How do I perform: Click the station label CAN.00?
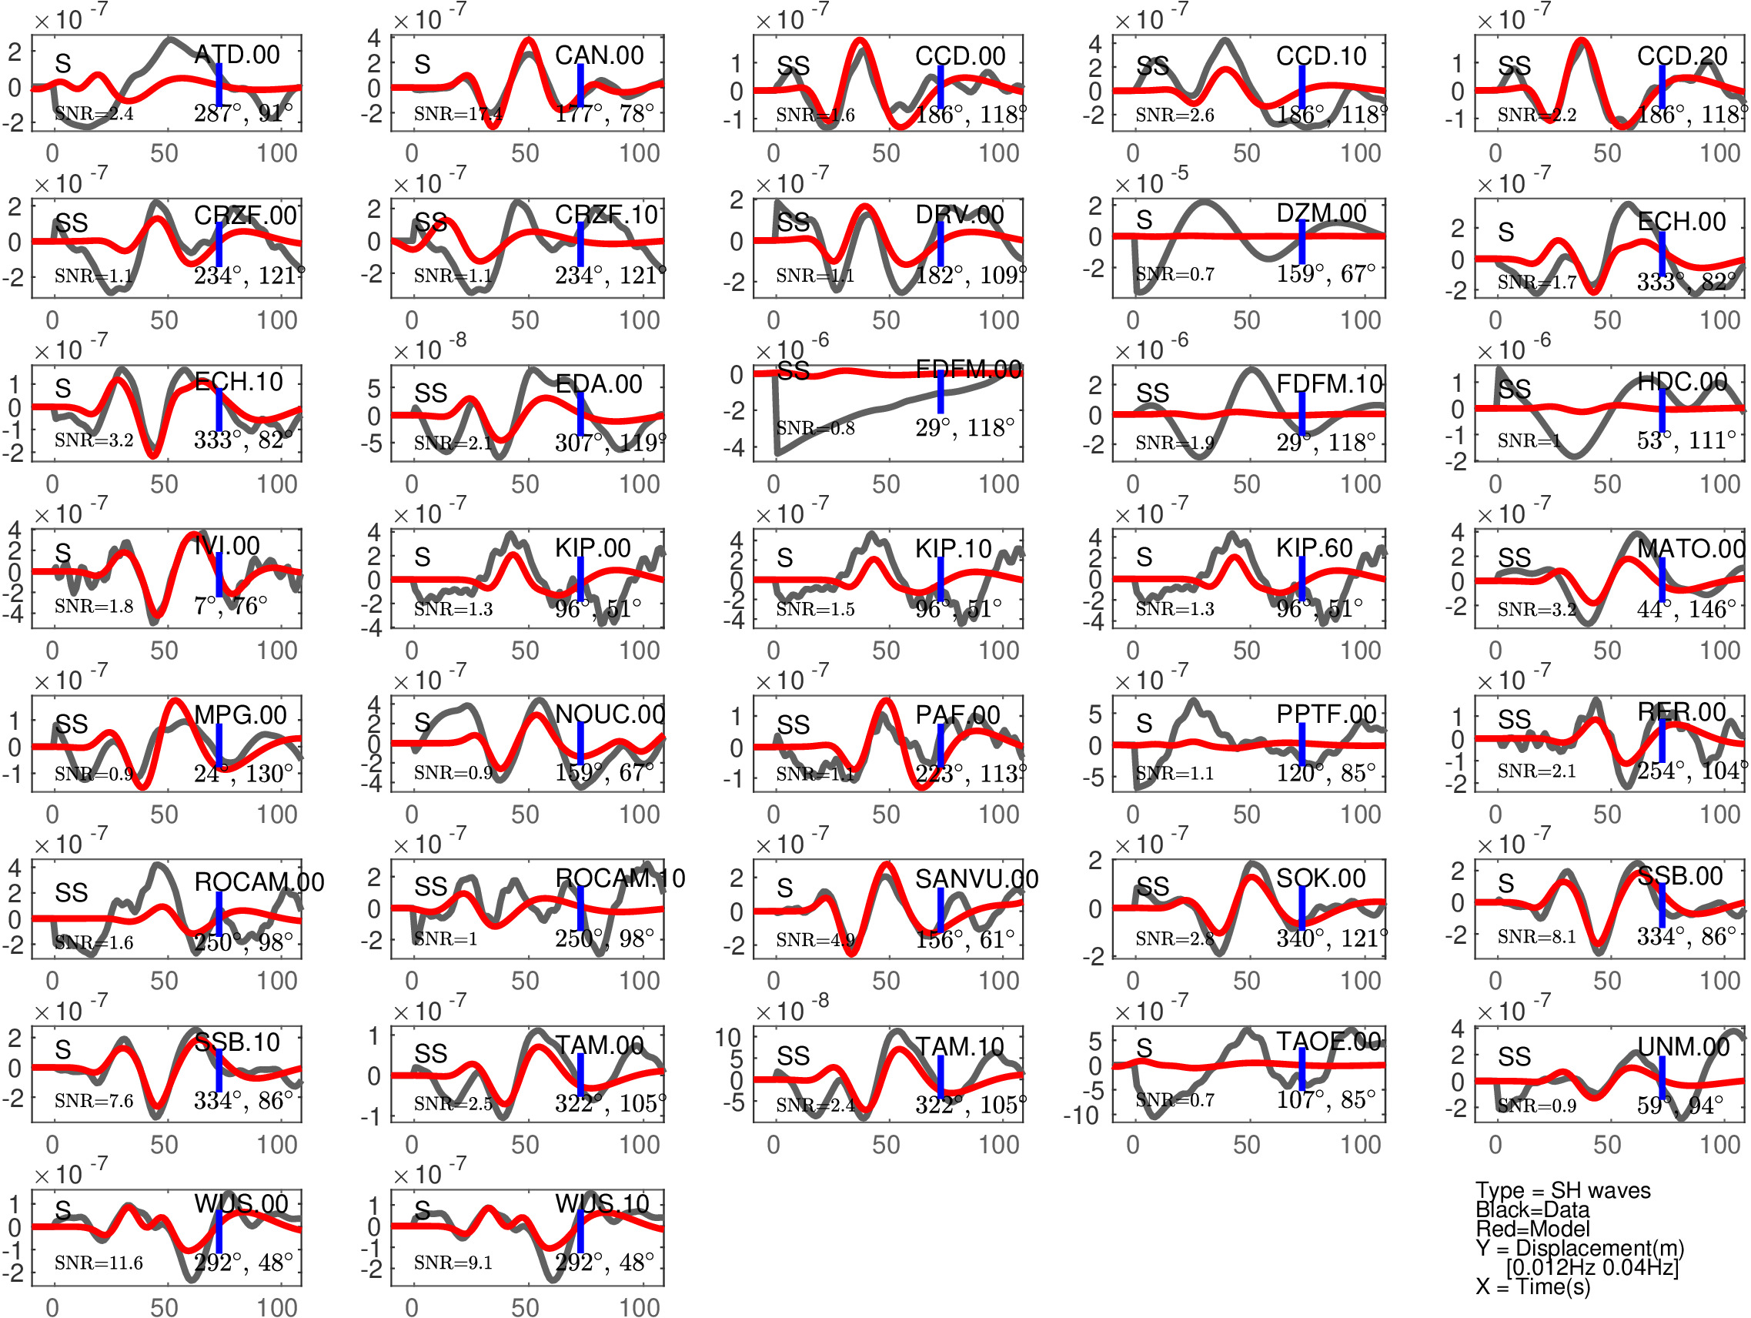[599, 55]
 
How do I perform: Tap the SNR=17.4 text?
[457, 114]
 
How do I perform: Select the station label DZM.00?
[1322, 213]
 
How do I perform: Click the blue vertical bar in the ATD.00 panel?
[219, 85]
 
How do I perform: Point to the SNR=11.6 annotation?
[99, 1263]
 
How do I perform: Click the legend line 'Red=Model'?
[1532, 1229]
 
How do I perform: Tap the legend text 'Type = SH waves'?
[1562, 1190]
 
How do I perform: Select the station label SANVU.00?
[976, 878]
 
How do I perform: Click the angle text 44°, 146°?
[1686, 609]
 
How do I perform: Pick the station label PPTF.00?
[1327, 714]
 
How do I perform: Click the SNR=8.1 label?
[1536, 937]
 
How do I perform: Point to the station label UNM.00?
[1683, 1046]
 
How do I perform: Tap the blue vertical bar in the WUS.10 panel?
[580, 1231]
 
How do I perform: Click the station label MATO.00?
[1691, 549]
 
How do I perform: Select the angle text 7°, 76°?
[230, 607]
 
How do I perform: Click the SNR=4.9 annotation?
[815, 940]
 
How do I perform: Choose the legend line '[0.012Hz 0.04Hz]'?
[1592, 1267]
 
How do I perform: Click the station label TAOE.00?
[1328, 1041]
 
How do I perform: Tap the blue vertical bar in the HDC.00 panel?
[1662, 410]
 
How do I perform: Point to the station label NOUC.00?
[610, 714]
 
